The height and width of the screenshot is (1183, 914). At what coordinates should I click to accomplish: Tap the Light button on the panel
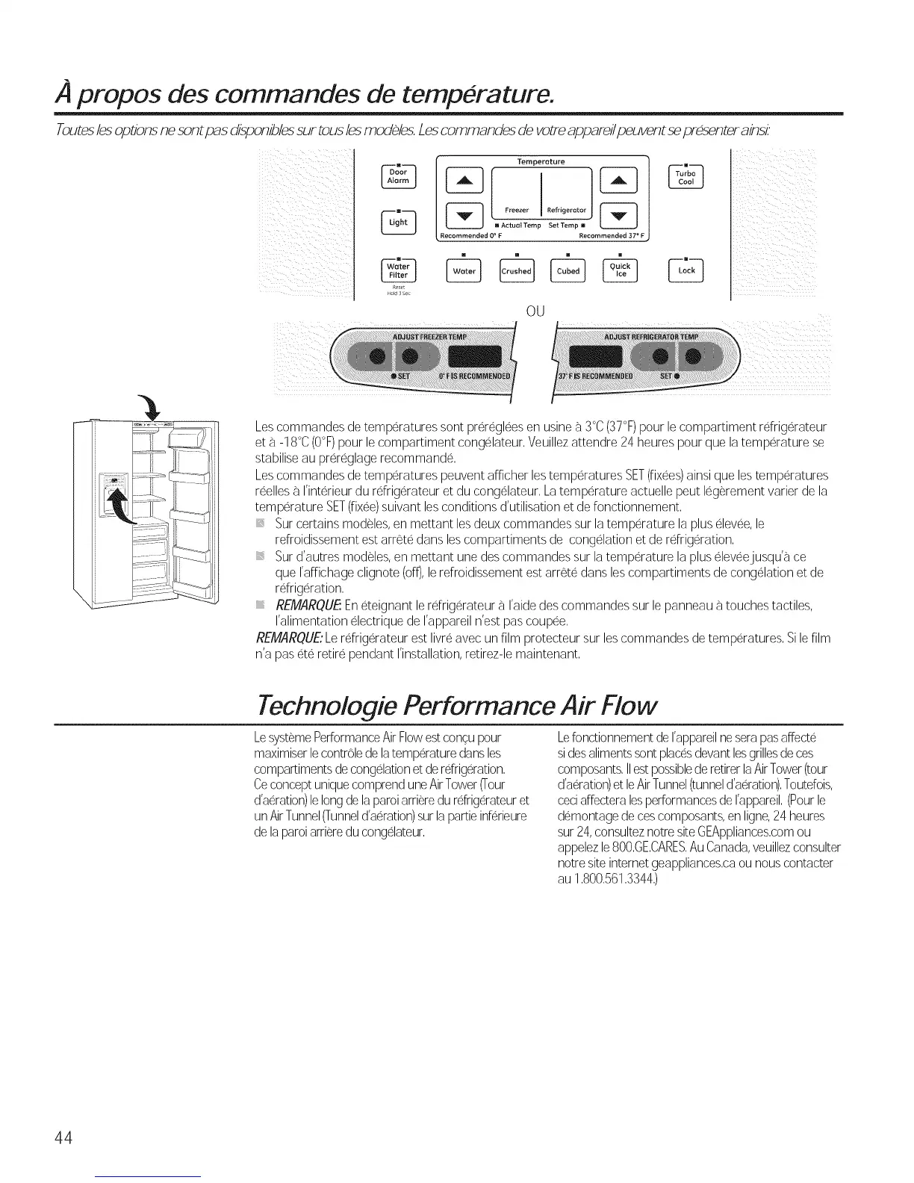[x=397, y=222]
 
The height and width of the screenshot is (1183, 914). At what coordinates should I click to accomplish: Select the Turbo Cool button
[x=685, y=176]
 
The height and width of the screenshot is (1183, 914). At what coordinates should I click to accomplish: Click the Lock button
[x=686, y=270]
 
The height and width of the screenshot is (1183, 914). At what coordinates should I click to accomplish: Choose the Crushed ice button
[x=516, y=271]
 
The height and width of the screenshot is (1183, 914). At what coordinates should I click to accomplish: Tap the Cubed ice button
[x=568, y=271]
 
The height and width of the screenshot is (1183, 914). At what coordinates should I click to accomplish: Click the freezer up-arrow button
[x=464, y=181]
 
